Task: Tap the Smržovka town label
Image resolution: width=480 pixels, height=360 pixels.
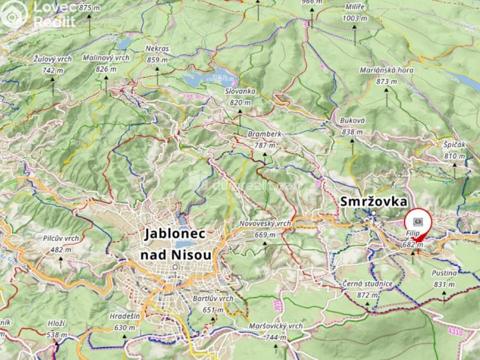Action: [375, 202]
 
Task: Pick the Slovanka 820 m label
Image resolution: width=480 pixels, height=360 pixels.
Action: [240, 97]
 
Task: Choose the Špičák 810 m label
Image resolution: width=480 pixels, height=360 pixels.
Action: [454, 151]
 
